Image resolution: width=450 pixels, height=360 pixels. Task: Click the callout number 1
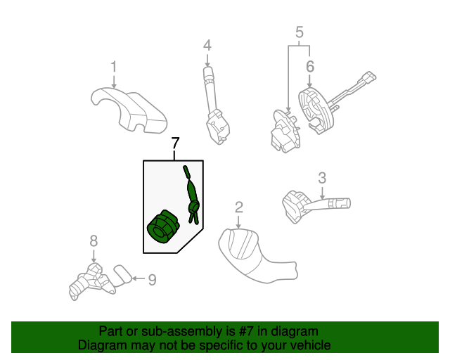point(114,67)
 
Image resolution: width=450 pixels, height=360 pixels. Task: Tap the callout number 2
point(239,207)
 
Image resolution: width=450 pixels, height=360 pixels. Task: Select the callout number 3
point(322,178)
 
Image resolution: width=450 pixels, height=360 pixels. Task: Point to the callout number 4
point(207,46)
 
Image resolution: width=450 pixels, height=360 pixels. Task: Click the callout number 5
point(300,32)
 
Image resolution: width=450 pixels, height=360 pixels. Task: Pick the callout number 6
point(310,66)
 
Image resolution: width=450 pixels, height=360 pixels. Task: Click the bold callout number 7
point(175,143)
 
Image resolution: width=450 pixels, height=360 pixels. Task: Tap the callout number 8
point(94,241)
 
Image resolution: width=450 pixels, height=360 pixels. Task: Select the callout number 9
point(152,280)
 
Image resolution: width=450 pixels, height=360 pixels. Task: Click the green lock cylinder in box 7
point(162,226)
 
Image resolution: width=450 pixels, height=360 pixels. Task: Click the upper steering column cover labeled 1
point(129,110)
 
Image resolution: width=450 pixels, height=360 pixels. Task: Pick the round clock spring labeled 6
point(316,110)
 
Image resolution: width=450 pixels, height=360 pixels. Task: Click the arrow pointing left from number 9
point(139,278)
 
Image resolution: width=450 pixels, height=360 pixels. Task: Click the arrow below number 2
point(238,222)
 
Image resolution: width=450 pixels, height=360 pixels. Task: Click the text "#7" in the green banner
point(246,331)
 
